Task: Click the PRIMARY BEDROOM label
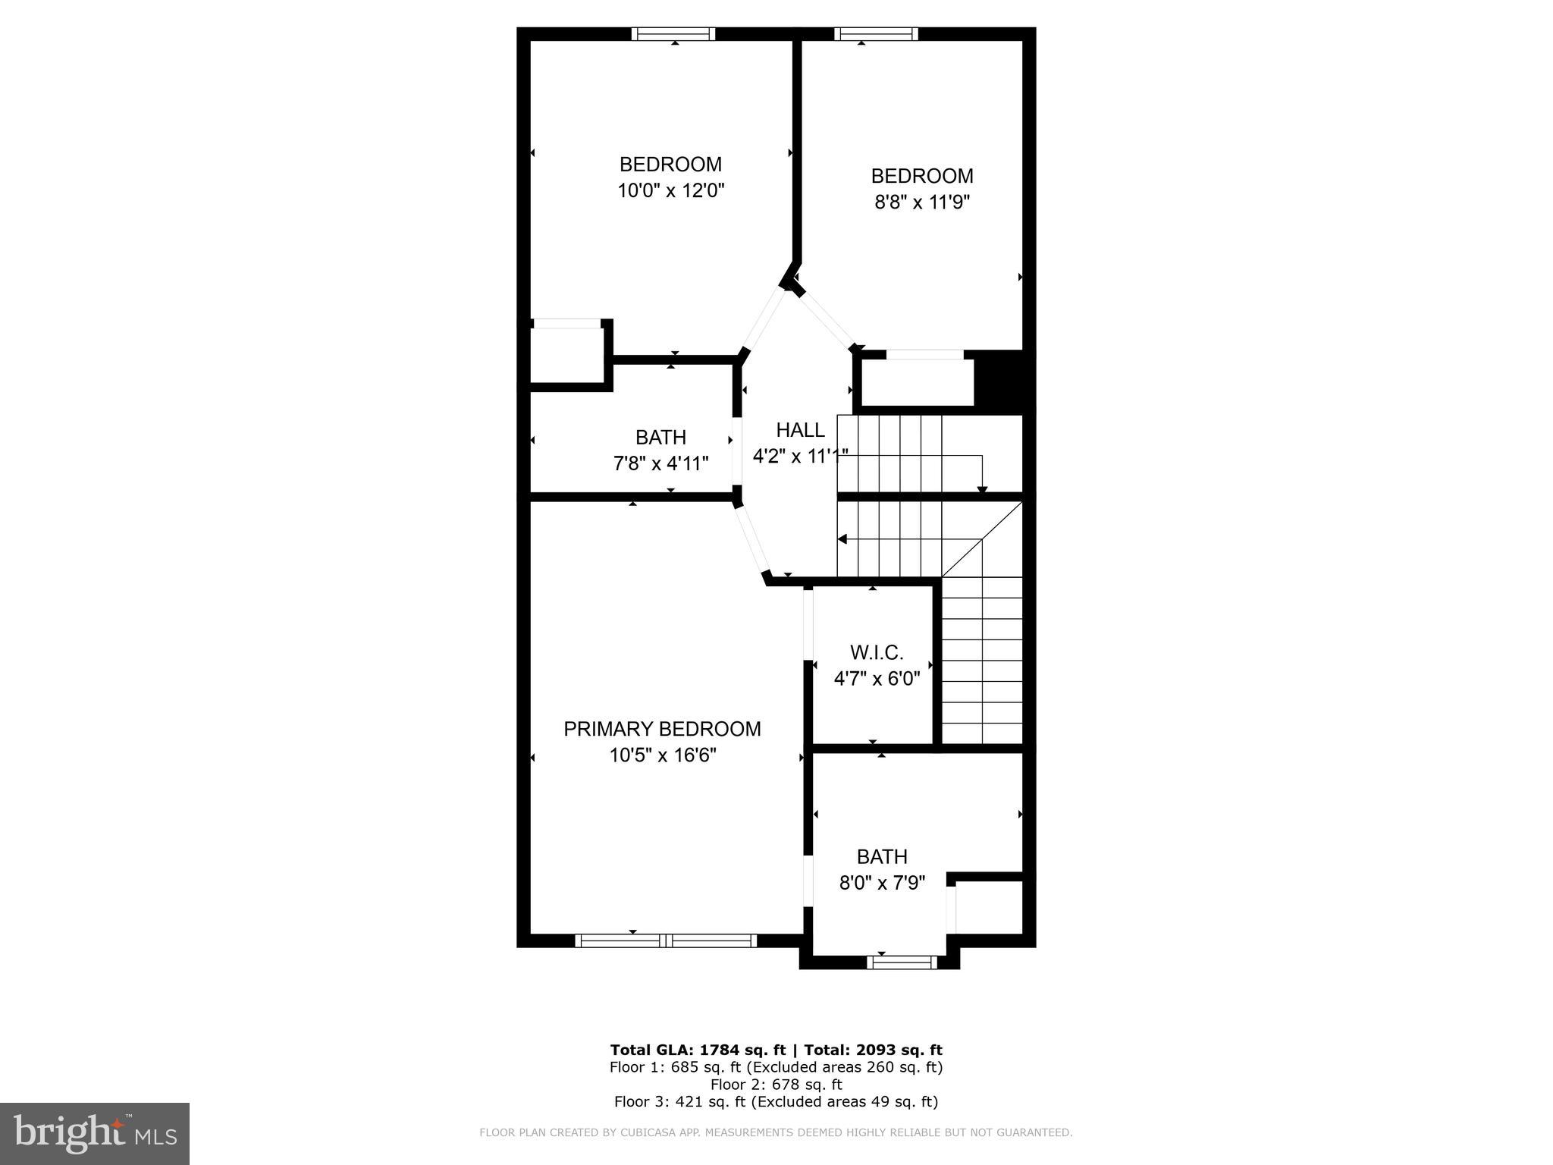662,729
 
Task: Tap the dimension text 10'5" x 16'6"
663,755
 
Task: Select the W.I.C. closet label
877,652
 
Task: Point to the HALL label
800,430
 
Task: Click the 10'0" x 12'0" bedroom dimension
671,190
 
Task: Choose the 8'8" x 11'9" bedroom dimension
922,203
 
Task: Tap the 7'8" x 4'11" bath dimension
661,463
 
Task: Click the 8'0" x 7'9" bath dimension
882,883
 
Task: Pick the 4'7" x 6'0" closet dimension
877,678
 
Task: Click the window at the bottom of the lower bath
902,962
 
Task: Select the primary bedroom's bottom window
666,940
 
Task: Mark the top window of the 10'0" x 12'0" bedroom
673,33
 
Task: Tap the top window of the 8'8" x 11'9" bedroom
876,33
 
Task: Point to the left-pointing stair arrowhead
842,539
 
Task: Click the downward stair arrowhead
982,489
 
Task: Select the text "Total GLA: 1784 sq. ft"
697,1050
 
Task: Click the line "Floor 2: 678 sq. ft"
776,1084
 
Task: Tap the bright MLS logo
95,1133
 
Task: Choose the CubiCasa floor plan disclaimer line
776,1133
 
